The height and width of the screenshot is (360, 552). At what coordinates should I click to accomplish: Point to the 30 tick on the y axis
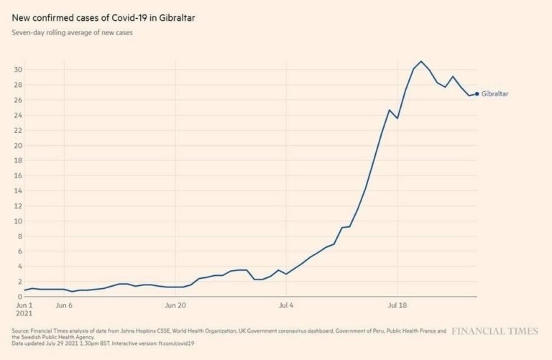tap(18, 70)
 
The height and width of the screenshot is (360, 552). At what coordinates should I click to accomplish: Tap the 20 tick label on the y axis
tap(18, 145)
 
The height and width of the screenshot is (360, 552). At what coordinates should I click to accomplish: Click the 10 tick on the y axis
tap(18, 221)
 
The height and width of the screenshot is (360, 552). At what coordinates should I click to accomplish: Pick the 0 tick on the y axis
tap(20, 297)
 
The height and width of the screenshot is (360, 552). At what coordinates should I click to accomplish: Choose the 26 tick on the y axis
tap(18, 100)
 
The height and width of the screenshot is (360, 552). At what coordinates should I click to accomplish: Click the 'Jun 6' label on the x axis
tap(64, 305)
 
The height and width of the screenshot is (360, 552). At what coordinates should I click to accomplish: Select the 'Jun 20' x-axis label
tap(176, 305)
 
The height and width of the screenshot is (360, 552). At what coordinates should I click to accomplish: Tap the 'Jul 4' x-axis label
tap(287, 305)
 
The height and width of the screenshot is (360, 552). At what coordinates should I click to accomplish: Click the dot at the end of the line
tap(477, 93)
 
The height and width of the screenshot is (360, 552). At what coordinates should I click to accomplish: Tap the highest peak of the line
tap(421, 61)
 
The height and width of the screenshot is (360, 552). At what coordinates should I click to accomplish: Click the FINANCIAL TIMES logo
tap(494, 332)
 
